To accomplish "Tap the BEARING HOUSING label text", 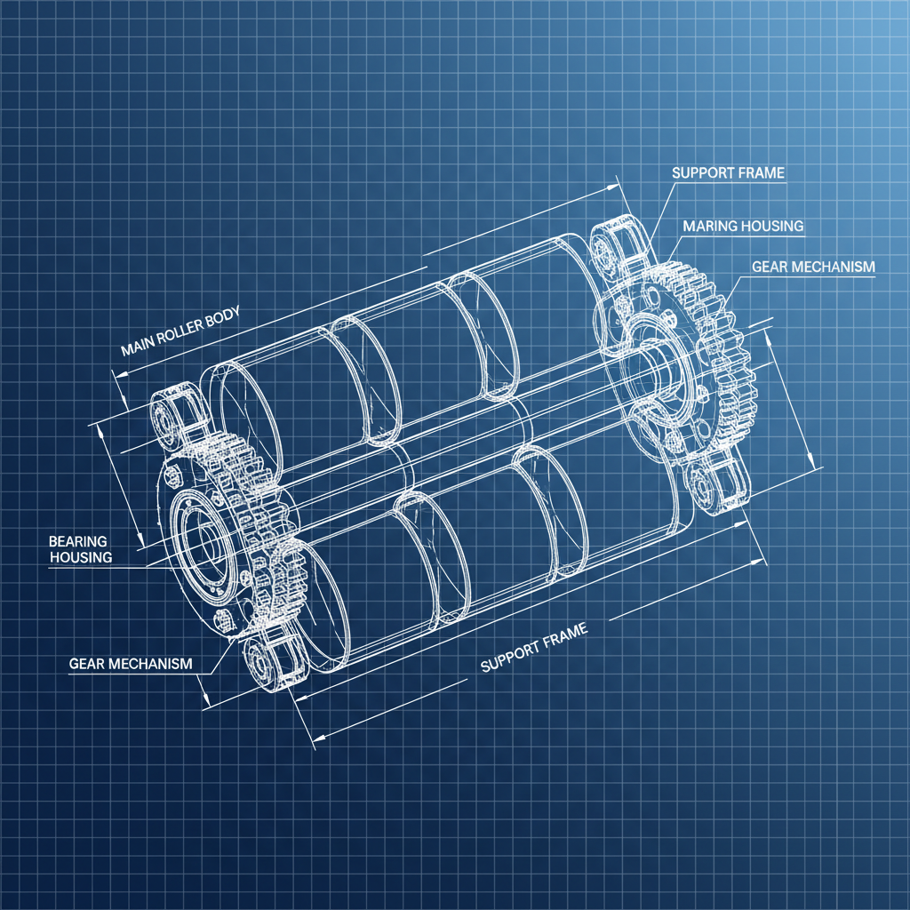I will tap(80, 549).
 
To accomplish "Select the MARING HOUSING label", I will tap(743, 226).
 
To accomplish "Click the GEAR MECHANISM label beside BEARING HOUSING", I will tap(130, 664).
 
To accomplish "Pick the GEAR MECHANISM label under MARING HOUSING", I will tap(813, 267).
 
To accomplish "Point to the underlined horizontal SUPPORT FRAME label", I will tap(728, 172).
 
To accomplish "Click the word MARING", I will tap(708, 226).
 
